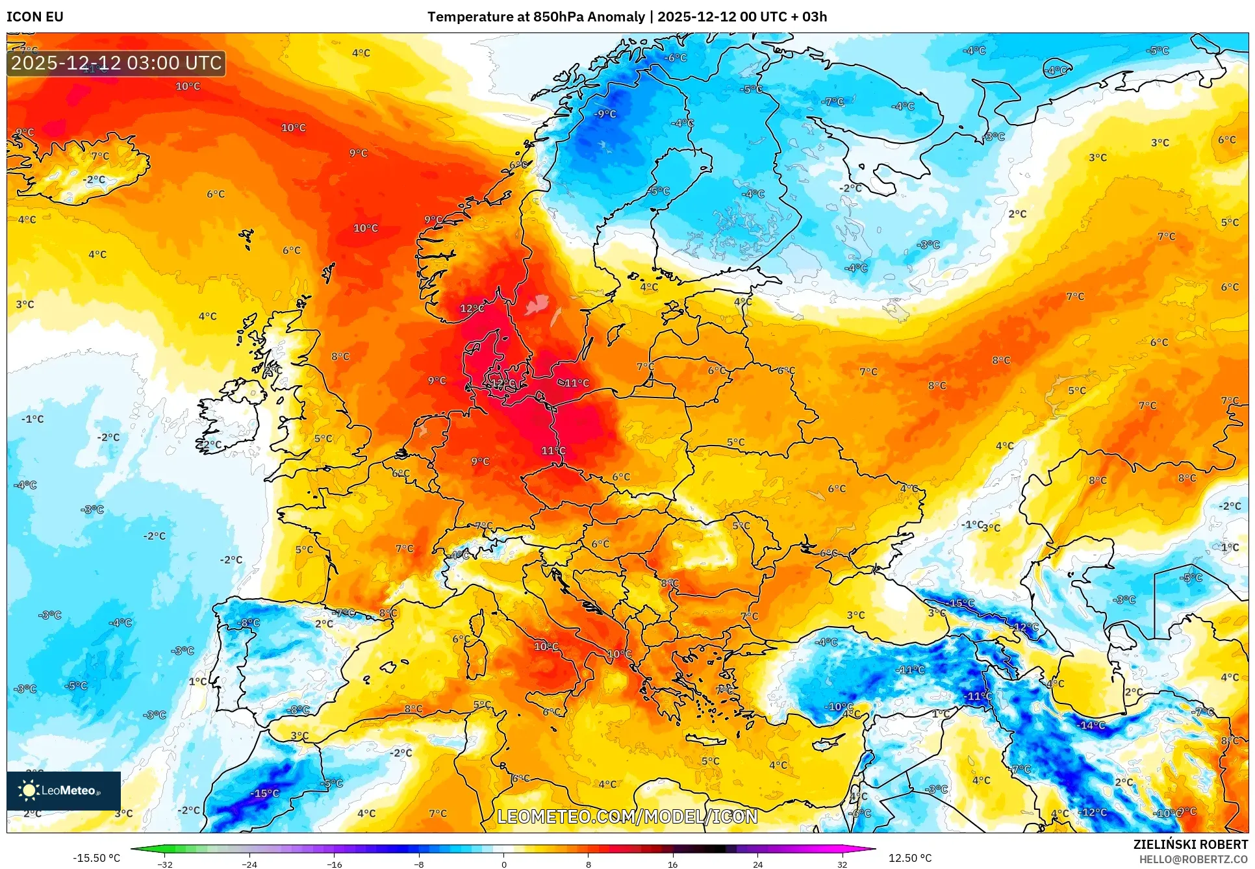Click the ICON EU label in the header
click(35, 17)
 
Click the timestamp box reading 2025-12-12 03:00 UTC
click(116, 63)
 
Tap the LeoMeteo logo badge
click(64, 790)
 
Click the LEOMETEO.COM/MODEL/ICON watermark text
click(627, 816)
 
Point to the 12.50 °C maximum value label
click(909, 858)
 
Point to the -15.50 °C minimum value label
click(96, 858)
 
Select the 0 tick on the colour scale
click(504, 864)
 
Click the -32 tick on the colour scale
click(165, 864)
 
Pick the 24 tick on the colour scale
click(757, 864)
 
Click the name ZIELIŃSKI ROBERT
click(1190, 844)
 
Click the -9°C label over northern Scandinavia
click(605, 114)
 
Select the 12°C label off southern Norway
click(472, 309)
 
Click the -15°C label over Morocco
click(265, 793)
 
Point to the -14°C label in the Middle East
click(1091, 725)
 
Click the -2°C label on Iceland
click(94, 179)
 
